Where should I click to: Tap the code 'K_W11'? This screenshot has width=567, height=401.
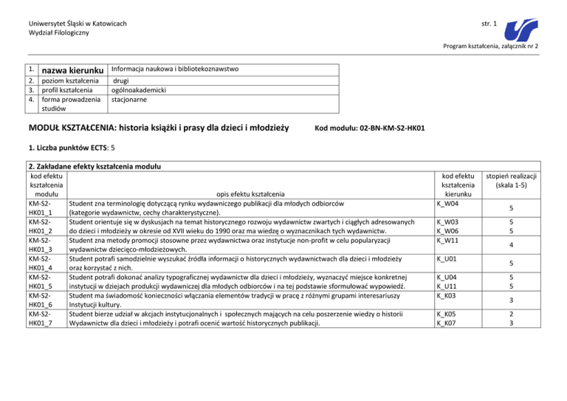pos(448,241)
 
